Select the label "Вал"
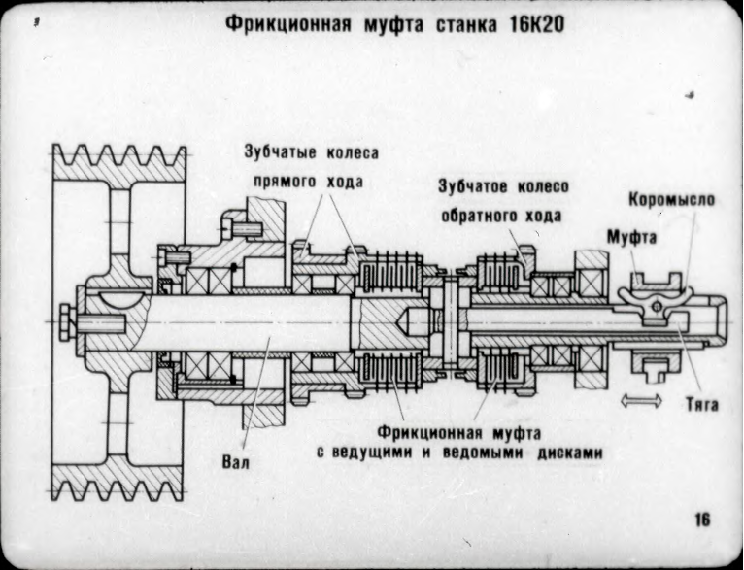(x=236, y=461)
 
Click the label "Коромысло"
(x=672, y=200)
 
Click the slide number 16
(x=702, y=520)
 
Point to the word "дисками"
(x=572, y=453)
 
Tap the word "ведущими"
(x=381, y=453)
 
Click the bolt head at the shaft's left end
(x=65, y=319)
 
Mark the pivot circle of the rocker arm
(x=658, y=308)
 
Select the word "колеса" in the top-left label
(x=353, y=152)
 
